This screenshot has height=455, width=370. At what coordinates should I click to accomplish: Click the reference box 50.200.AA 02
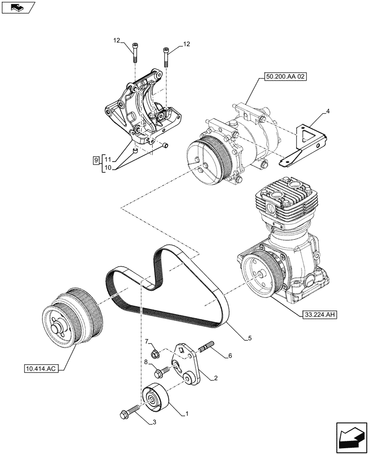(x=284, y=78)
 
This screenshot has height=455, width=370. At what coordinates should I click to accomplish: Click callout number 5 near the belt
(x=250, y=338)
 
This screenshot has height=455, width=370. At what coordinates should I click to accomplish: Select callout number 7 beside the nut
(x=147, y=342)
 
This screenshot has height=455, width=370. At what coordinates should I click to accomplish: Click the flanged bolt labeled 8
(x=160, y=374)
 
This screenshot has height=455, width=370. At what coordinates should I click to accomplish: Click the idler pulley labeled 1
(x=155, y=396)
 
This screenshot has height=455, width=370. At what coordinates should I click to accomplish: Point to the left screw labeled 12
(x=135, y=53)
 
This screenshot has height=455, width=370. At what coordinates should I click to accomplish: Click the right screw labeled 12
(x=165, y=56)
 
